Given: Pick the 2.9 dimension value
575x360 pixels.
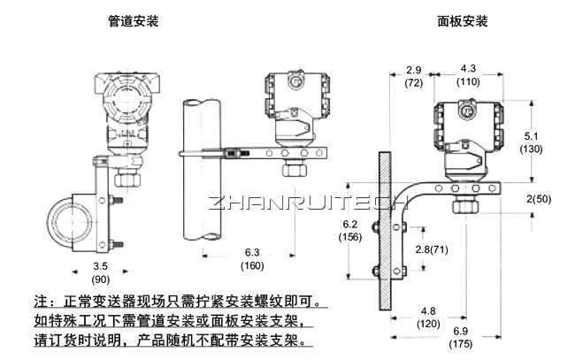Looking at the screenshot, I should click(x=412, y=69).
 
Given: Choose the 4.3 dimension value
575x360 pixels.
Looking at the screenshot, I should click(x=468, y=69).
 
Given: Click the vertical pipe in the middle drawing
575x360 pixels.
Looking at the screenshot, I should click(x=203, y=177).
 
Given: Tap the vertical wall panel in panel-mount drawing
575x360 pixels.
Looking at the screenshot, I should click(x=385, y=230).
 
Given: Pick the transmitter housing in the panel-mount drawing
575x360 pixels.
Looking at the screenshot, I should click(x=468, y=128).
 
